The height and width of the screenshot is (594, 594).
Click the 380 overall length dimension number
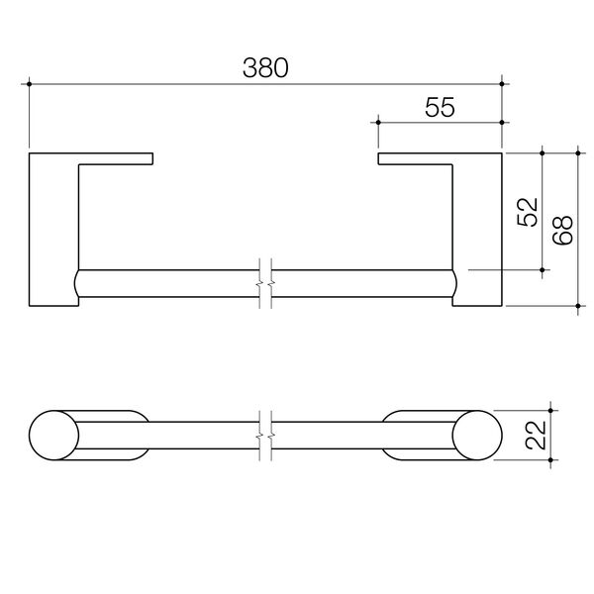click(266, 68)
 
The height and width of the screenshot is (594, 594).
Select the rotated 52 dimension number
click(528, 211)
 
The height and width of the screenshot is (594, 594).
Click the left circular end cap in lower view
click(53, 436)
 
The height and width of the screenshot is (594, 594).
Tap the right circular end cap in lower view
click(478, 436)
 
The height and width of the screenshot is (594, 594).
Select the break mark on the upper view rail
click(265, 282)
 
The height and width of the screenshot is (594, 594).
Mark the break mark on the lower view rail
click(265, 436)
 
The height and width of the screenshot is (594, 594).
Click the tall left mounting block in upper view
click(53, 233)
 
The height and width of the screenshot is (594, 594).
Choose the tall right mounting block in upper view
click(478, 233)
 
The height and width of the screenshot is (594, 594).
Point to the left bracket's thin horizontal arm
click(117, 157)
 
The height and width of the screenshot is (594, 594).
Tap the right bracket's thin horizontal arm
click(416, 157)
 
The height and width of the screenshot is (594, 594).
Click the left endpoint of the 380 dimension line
click(31, 83)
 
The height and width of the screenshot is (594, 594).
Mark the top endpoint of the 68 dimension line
click(577, 152)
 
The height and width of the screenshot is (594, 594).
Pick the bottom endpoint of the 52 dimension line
click(544, 269)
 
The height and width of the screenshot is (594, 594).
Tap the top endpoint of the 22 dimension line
click(552, 410)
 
